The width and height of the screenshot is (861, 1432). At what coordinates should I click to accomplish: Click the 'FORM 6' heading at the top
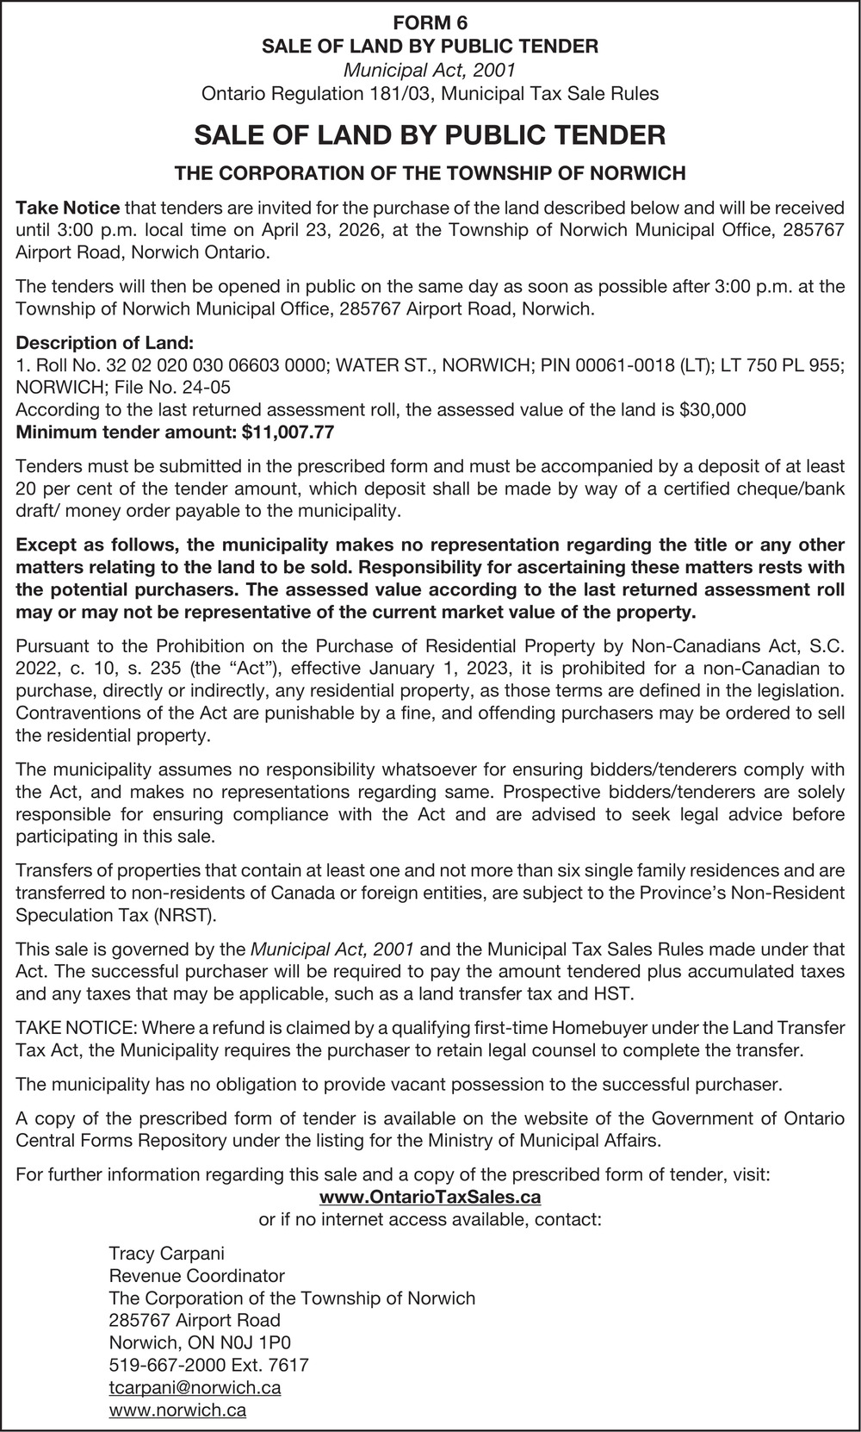pyautogui.click(x=430, y=24)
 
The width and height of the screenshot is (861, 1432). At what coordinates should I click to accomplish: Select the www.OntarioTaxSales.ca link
pyautogui.click(x=430, y=1197)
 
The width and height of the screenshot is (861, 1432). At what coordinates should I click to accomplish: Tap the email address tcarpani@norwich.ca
pyautogui.click(x=195, y=1388)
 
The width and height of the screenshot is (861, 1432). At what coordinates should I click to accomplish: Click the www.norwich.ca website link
pyautogui.click(x=177, y=1410)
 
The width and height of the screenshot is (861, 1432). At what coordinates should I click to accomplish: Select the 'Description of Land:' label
pyautogui.click(x=105, y=342)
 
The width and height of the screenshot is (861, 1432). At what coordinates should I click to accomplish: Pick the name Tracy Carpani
pyautogui.click(x=166, y=1254)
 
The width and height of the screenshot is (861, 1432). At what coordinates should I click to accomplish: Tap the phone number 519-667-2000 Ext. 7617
pyautogui.click(x=208, y=1366)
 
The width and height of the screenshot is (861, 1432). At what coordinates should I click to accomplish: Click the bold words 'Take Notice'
pyautogui.click(x=68, y=208)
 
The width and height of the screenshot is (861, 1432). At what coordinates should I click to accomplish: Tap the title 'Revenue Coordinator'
pyautogui.click(x=196, y=1276)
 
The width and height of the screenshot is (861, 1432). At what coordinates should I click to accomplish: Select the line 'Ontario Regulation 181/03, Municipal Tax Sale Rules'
pyautogui.click(x=430, y=94)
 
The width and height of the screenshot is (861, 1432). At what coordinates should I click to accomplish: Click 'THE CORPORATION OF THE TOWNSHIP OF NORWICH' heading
pyautogui.click(x=430, y=173)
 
